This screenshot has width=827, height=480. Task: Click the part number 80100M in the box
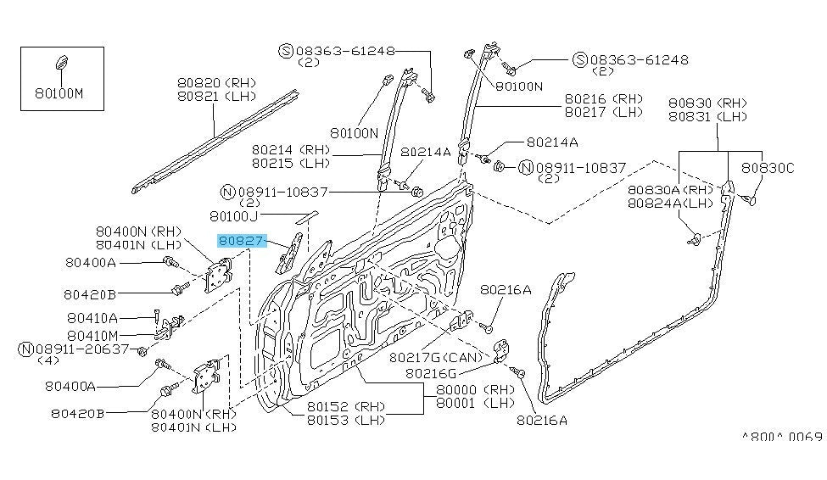pos(59,93)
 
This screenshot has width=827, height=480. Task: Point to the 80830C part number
pos(768,168)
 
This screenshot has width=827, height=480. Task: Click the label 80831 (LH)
pos(707,115)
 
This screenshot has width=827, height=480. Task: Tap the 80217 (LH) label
pos(603,111)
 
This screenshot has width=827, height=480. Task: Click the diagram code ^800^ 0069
pos(781,437)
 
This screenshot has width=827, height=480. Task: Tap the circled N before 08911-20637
pos(26,349)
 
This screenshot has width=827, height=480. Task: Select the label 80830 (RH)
pos(707,102)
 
